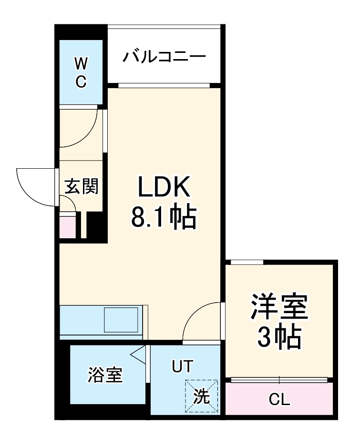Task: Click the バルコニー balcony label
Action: (164, 57)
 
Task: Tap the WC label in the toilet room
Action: (81, 72)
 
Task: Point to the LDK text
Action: (164, 188)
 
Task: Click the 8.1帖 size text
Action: (164, 217)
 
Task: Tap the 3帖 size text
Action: (279, 337)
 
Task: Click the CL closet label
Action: (279, 400)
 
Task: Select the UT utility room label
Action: (182, 366)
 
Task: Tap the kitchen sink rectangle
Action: (122, 320)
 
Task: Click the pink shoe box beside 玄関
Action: (67, 227)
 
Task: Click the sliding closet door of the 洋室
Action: (279, 380)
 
